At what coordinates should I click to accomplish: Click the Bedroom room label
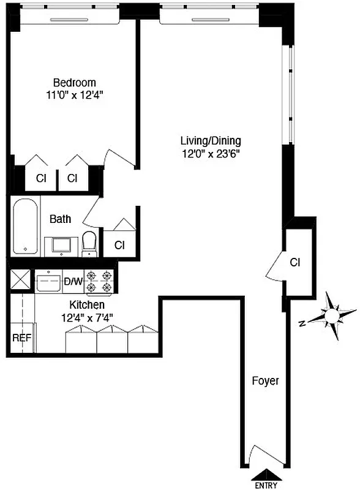tap(74, 83)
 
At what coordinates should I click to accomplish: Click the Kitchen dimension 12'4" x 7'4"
tap(87, 317)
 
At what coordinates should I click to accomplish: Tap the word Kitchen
tap(87, 305)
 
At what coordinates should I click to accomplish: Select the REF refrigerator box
tap(21, 337)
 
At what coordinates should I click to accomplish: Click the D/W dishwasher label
tap(73, 282)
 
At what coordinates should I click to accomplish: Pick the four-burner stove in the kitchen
tap(99, 282)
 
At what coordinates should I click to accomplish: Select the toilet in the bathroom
tap(90, 243)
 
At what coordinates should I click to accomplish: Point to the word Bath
tap(60, 219)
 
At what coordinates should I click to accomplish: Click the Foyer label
tap(265, 381)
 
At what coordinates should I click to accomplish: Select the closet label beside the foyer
tap(295, 263)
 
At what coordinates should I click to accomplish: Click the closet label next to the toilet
tap(119, 245)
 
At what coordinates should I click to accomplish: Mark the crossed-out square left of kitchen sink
tap(21, 282)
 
